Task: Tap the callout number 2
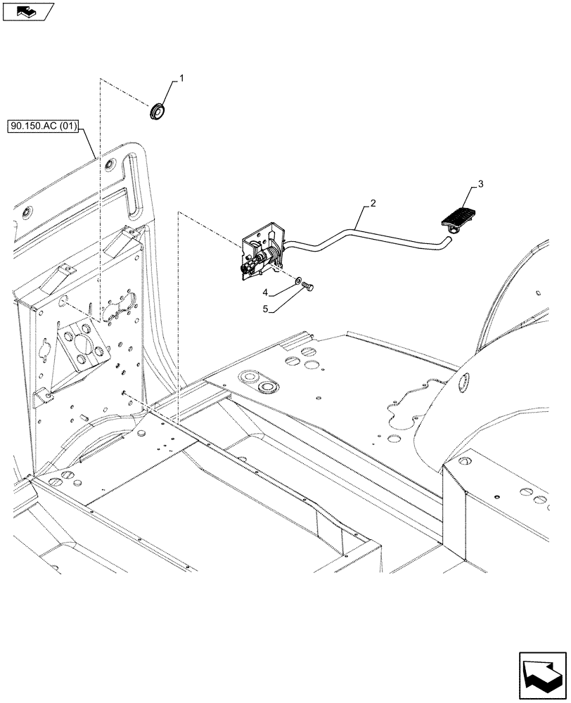pos(373,203)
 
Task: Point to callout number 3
pos(480,184)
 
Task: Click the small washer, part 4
pos(301,280)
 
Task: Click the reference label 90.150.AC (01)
pos(44,127)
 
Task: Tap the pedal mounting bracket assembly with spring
pos(262,251)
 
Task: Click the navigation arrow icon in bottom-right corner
pos(541,674)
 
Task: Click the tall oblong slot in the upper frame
pos(133,183)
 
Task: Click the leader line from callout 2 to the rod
pos(362,215)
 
